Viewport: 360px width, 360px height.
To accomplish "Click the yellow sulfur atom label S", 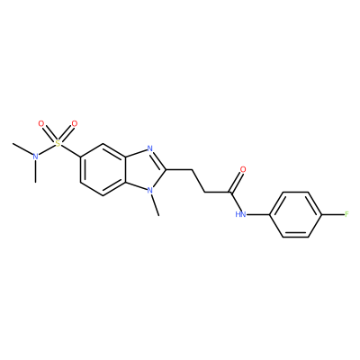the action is point(58,144).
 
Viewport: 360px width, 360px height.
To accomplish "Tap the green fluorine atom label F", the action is point(346,214).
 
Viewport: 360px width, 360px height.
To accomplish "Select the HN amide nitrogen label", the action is point(240,214).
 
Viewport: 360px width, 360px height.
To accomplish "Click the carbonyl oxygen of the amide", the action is point(243,169).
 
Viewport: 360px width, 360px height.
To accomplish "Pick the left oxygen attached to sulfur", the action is point(41,123).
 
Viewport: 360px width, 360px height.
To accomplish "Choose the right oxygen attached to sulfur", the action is point(75,123).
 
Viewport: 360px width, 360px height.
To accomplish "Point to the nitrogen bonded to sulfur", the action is point(35,157).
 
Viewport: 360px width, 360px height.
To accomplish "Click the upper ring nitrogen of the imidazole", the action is point(150,148).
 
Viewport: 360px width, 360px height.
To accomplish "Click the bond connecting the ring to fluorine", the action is point(333,214).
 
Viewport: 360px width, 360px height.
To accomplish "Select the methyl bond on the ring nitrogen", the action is point(155,205).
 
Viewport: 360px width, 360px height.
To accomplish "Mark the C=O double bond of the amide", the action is point(236,182).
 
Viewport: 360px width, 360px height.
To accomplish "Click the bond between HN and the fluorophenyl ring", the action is point(258,214).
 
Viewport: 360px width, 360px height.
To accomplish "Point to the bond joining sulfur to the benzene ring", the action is point(70,151).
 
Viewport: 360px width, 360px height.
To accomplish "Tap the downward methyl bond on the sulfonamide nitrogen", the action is point(35,171).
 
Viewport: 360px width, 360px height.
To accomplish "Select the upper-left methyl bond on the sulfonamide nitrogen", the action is point(22,148).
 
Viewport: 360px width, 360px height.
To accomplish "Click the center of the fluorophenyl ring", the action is point(296,214).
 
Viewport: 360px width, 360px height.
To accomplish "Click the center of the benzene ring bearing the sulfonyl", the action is point(103,169).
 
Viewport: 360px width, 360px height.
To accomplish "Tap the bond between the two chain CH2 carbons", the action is point(199,181).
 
